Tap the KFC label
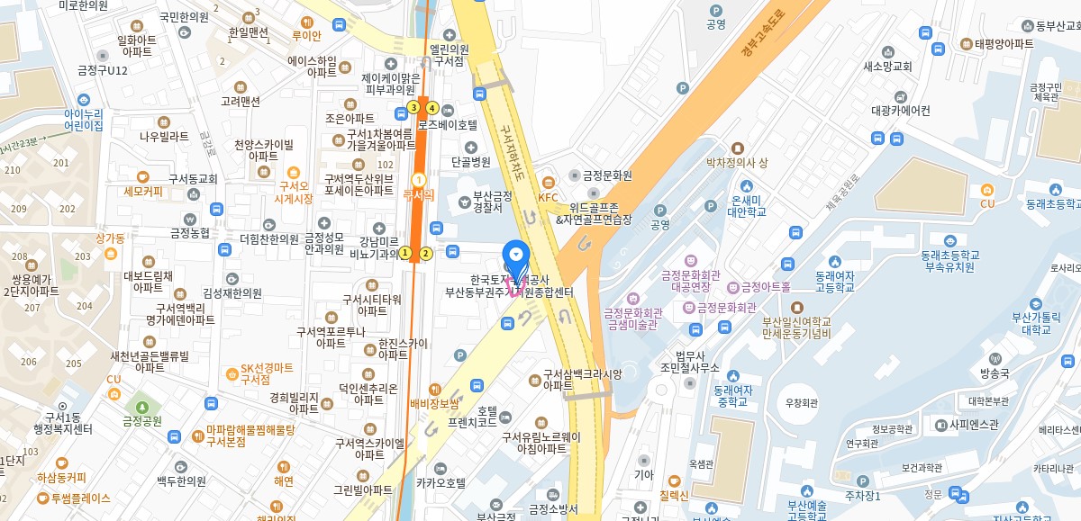click(549, 197)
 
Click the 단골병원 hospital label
click(470, 162)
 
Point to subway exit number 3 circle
click(413, 107)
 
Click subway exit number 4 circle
click(432, 108)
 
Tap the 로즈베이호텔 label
click(447, 125)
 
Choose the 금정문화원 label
click(606, 175)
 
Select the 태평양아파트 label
click(1004, 43)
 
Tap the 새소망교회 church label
click(887, 67)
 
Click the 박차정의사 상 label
click(736, 163)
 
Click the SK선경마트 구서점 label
click(268, 374)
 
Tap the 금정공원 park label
click(141, 420)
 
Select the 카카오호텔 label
click(441, 482)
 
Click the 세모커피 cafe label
click(143, 191)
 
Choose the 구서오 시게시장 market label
click(294, 192)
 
